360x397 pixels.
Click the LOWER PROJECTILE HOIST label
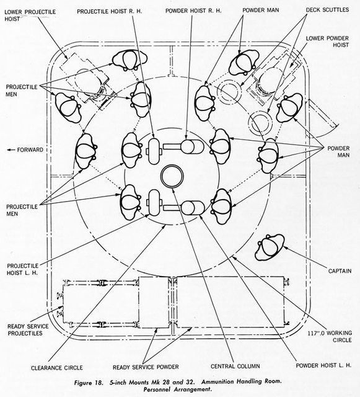point(30,15)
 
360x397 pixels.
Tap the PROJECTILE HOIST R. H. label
point(109,11)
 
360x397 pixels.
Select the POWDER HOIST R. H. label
point(193,11)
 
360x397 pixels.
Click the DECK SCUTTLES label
point(327,10)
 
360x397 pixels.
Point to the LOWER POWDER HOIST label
point(327,42)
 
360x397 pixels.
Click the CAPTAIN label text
point(340,271)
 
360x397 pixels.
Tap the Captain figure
point(270,248)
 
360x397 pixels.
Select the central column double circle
point(172,176)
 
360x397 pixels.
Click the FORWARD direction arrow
point(11,150)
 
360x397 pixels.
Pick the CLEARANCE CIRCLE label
point(57,368)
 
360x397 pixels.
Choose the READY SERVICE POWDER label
point(146,367)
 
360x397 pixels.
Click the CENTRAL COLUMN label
point(235,366)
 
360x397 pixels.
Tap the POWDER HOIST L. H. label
point(323,365)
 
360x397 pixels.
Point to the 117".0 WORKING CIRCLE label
point(330,336)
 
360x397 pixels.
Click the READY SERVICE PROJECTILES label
point(28,330)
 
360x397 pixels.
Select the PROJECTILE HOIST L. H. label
point(22,269)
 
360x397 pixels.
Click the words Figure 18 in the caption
point(89,383)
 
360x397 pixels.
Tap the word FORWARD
point(30,150)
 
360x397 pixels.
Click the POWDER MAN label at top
point(261,10)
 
